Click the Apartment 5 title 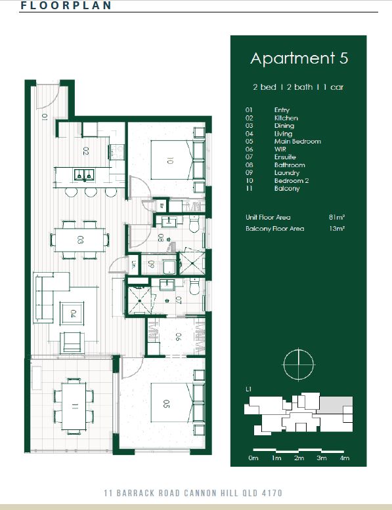(299, 59)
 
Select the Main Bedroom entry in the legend (297, 142)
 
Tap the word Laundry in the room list (287, 172)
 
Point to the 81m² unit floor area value (337, 217)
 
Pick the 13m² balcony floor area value (337, 228)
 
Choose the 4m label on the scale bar (344, 458)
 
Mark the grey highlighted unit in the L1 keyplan (336, 405)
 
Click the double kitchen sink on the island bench (84, 175)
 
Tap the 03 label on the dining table (80, 240)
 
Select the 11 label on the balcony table (75, 406)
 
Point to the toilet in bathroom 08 (194, 224)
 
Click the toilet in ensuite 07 (194, 286)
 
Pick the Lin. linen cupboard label (133, 264)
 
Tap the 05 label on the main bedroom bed (166, 404)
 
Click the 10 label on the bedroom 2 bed (169, 161)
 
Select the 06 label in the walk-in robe (177, 337)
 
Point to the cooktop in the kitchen (117, 152)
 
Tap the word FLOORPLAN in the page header (66, 5)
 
